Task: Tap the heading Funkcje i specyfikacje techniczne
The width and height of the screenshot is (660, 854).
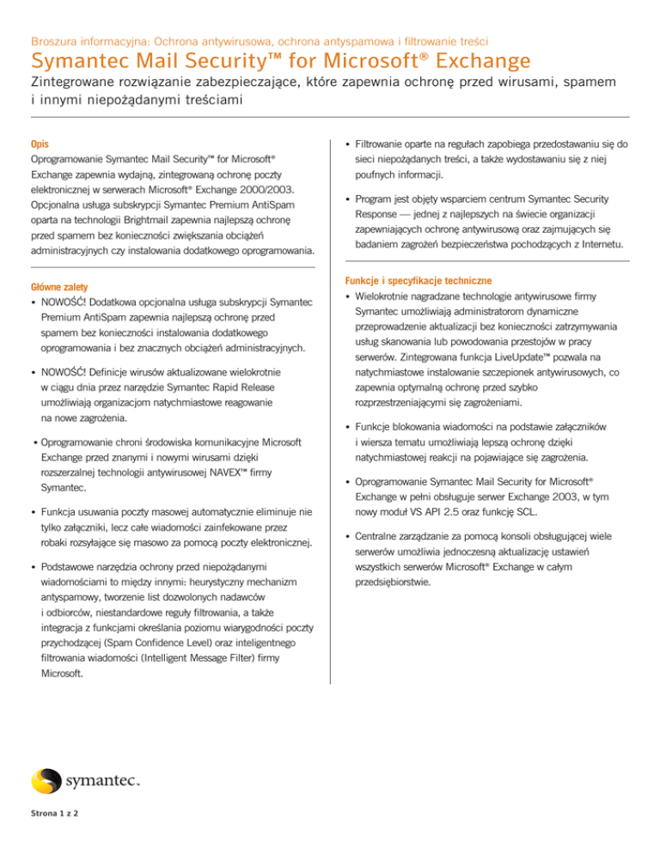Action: (418, 281)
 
